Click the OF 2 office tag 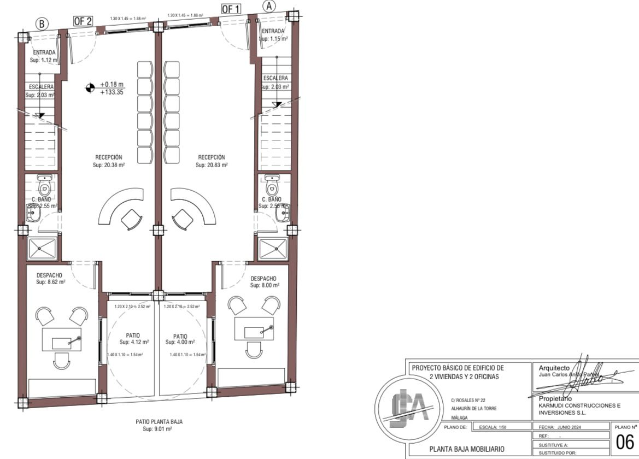point(83,21)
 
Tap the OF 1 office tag point(231,9)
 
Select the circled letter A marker point(269,5)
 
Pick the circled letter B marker point(42,23)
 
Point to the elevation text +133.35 point(112,92)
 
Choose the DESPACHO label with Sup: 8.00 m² point(265,281)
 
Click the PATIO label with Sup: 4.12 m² point(134,339)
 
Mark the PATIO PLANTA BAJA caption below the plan point(159,425)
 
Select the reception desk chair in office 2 point(131,220)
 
